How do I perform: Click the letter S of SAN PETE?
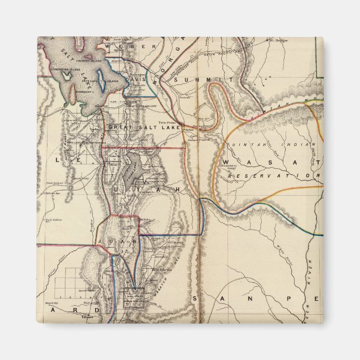[195, 299]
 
